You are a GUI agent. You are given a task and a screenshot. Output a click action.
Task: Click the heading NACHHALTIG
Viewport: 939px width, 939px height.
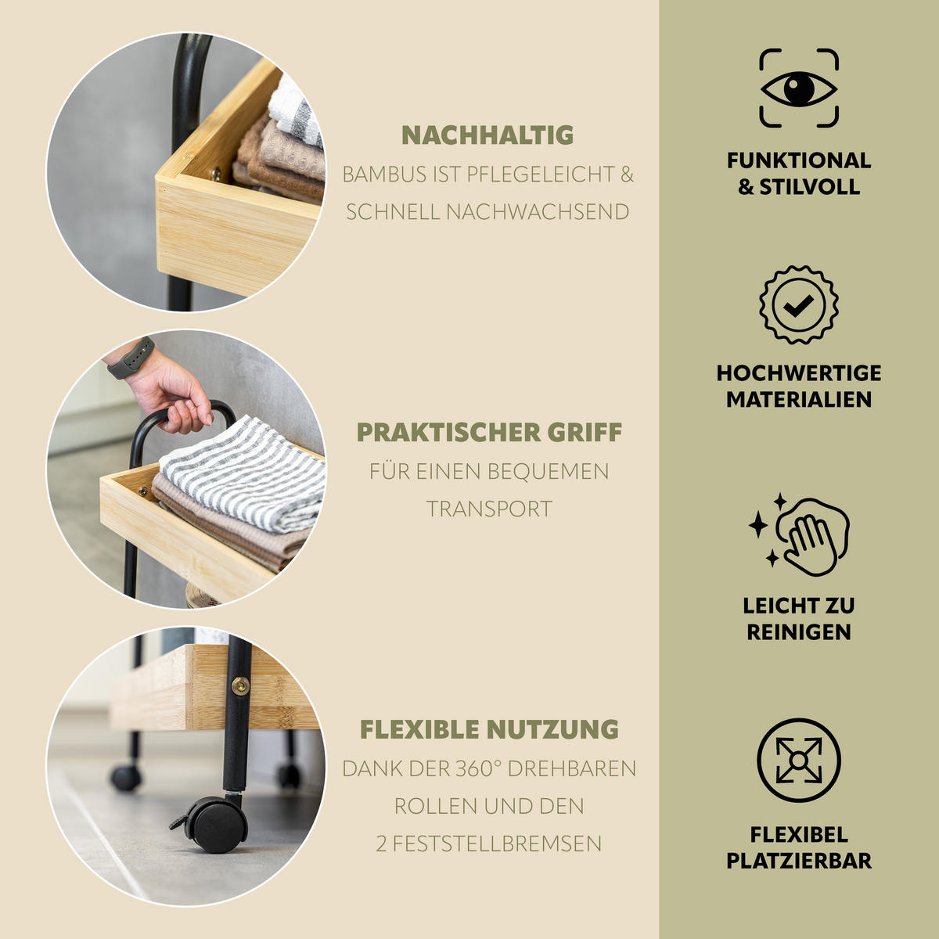pyautogui.click(x=487, y=135)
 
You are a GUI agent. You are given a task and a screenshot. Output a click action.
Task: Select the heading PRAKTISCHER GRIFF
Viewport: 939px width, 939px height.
pyautogui.click(x=489, y=432)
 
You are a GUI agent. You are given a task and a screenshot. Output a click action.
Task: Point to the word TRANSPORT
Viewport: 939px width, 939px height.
pyautogui.click(x=489, y=509)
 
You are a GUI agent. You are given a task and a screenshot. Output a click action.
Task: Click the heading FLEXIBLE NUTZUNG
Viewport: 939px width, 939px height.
pyautogui.click(x=489, y=729)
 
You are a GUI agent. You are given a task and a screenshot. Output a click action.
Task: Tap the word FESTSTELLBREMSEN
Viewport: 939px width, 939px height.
pyautogui.click(x=497, y=844)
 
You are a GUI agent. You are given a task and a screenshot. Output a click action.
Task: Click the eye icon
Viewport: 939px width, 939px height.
pyautogui.click(x=799, y=89)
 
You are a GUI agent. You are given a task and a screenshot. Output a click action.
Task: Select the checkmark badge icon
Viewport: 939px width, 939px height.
pyautogui.click(x=799, y=305)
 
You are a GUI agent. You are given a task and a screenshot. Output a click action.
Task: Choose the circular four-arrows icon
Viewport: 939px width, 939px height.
pyautogui.click(x=799, y=760)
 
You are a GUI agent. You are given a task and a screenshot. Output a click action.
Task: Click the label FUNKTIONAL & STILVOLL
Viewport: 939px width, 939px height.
pyautogui.click(x=799, y=174)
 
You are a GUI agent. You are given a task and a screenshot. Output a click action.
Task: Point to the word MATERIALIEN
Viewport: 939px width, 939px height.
pyautogui.click(x=799, y=400)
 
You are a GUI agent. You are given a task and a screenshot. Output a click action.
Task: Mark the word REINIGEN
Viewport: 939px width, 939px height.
pyautogui.click(x=799, y=632)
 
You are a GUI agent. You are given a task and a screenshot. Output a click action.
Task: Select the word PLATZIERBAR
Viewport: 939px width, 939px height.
pyautogui.click(x=799, y=861)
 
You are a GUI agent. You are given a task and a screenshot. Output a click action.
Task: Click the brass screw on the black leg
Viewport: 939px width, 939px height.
pyautogui.click(x=240, y=686)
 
